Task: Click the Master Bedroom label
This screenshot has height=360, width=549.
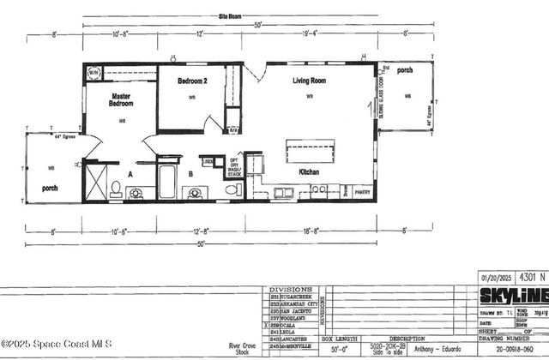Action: [x=122, y=99]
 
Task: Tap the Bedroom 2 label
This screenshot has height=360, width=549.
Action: [x=193, y=81]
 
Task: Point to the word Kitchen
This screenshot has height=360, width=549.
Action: [x=310, y=172]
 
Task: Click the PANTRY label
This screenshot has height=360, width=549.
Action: [x=363, y=193]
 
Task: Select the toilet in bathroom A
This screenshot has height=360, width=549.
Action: [x=116, y=188]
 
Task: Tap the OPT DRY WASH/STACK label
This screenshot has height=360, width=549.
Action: [x=233, y=167]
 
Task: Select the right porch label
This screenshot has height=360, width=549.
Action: [x=404, y=70]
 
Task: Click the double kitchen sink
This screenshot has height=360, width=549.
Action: [x=286, y=191]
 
